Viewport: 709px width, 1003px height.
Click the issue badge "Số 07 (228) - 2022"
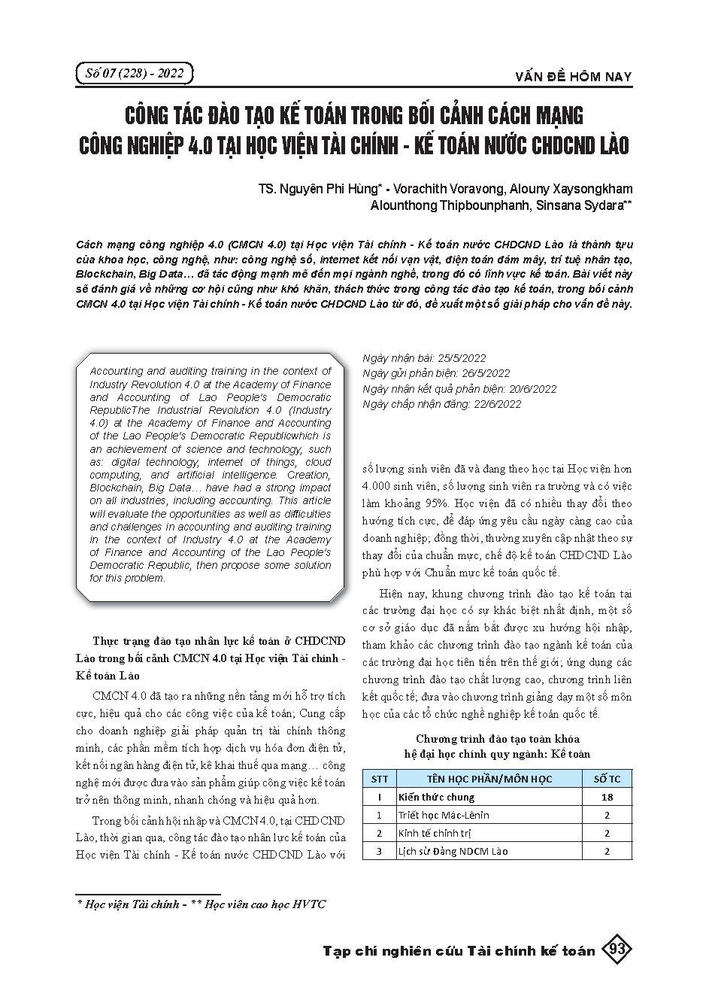point(135,74)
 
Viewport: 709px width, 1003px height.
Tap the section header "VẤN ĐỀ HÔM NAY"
point(574,77)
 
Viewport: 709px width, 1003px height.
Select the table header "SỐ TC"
point(607,779)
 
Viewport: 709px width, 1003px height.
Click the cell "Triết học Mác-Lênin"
point(444,815)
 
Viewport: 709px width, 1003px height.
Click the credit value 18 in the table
point(607,797)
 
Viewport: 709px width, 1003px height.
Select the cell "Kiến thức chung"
point(437,797)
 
